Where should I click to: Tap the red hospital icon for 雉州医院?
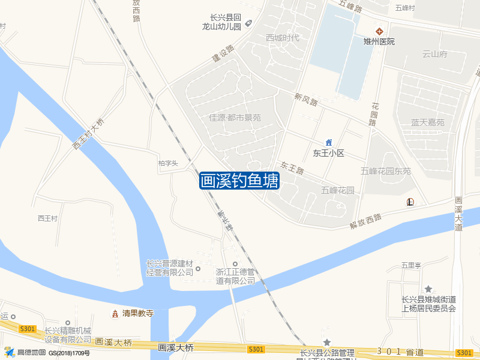(379, 31)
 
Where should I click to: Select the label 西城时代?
(283, 38)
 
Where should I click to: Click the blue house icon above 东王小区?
(328, 142)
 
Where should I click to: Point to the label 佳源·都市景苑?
(235, 117)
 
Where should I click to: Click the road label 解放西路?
(366, 221)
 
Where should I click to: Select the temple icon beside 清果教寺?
(114, 313)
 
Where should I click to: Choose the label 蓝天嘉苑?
(427, 122)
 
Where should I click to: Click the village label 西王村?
(47, 218)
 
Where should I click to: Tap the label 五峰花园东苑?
(386, 171)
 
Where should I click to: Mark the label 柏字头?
(168, 163)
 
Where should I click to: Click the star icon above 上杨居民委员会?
(428, 289)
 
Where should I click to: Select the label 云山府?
(435, 54)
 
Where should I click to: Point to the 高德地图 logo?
(24, 352)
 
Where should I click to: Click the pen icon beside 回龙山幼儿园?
(249, 23)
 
